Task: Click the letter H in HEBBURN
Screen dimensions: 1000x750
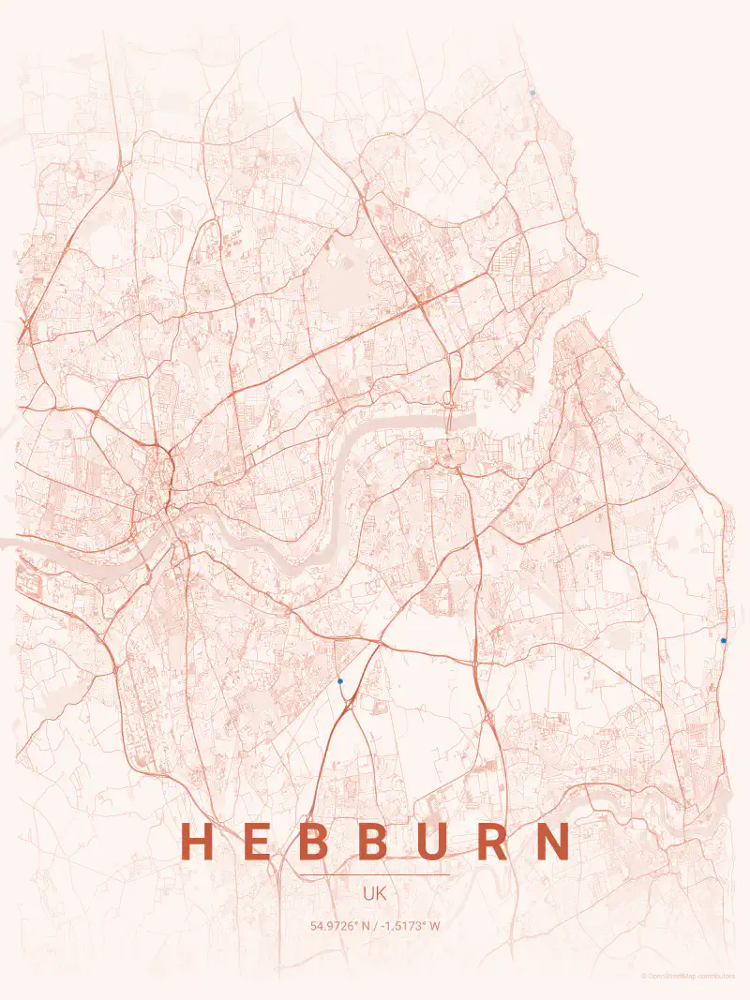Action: coord(197,841)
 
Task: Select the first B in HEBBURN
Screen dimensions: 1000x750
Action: coord(316,841)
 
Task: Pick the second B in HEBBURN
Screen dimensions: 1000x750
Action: coord(374,841)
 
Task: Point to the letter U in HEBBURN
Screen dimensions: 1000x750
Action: coord(434,841)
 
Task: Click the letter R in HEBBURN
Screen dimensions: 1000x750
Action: coord(494,841)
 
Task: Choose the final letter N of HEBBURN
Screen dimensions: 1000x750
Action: coord(553,841)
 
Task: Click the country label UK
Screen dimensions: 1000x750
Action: coord(375,894)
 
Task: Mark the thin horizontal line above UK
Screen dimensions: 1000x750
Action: coord(375,875)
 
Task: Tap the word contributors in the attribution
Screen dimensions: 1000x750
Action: coord(717,976)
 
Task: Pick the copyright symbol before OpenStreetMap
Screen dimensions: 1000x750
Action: coord(644,976)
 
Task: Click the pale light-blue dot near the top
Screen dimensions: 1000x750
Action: coord(532,93)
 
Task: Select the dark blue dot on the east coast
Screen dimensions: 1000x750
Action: coord(724,640)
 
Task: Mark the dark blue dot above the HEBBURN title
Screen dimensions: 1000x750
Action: coord(340,680)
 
